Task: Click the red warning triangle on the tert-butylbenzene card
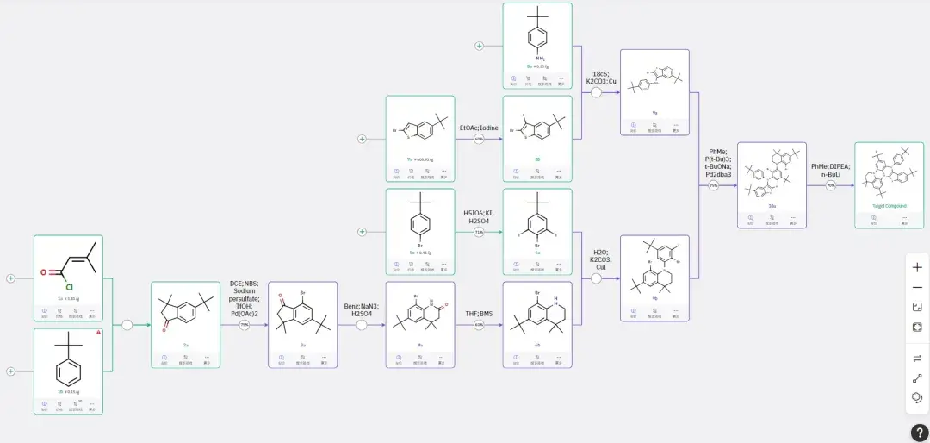point(98,332)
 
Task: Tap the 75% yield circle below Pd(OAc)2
point(245,325)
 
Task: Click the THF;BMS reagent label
point(479,314)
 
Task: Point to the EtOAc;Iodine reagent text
point(479,128)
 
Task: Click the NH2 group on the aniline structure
point(537,59)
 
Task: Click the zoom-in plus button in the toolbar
point(917,267)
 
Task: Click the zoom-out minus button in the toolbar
point(917,287)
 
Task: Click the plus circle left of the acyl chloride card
point(11,278)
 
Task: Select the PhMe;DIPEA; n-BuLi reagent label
point(830,171)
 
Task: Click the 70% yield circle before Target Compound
point(830,185)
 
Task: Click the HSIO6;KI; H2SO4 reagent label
point(479,216)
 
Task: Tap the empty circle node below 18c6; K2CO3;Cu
point(596,91)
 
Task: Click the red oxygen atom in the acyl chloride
point(43,272)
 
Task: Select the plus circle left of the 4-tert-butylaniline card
point(480,45)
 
